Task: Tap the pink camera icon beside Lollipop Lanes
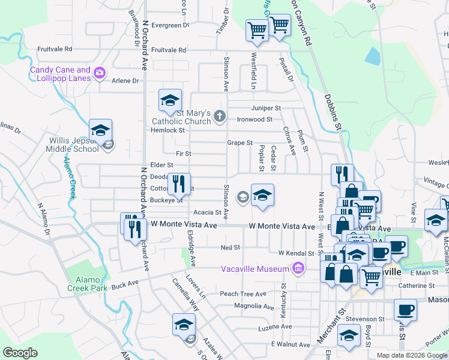(100, 74)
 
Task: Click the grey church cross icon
(220, 116)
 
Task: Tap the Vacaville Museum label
(256, 269)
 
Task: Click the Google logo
(20, 353)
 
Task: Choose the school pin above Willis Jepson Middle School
(100, 130)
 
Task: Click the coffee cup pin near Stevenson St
(405, 310)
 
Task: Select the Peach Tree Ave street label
(243, 294)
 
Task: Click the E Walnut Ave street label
(289, 344)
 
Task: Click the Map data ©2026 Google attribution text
(411, 355)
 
